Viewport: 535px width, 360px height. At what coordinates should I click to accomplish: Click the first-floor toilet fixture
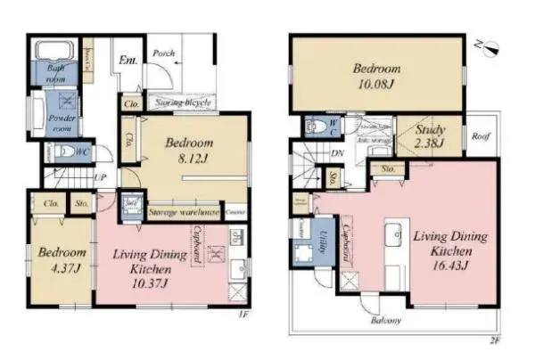[61, 153]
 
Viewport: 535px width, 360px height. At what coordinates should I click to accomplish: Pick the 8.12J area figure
[187, 160]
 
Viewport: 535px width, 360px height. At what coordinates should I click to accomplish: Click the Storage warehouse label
[184, 213]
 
